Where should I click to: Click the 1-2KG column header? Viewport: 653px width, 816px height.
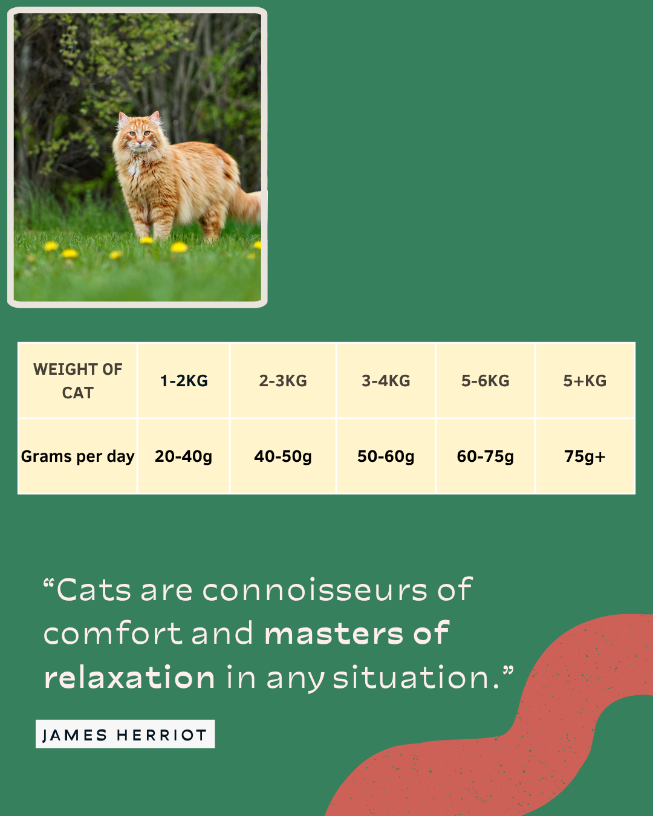184,381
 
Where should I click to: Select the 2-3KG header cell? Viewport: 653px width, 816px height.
283,381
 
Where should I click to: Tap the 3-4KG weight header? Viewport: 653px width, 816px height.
386,381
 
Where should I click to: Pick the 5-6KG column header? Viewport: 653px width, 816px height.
486,381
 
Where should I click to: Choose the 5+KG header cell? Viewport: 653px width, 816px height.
585,381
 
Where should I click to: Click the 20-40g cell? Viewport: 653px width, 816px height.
183,456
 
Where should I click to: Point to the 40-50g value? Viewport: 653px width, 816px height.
283,456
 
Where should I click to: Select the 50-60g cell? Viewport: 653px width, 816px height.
386,456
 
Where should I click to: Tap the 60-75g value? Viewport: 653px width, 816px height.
486,456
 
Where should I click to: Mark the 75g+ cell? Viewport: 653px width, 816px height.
585,456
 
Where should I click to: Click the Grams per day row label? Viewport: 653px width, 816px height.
78,456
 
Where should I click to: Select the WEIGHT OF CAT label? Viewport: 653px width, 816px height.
78,381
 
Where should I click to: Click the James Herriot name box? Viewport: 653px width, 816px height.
125,734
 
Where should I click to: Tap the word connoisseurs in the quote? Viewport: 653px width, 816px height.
314,591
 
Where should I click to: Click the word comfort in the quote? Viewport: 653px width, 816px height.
114,633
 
